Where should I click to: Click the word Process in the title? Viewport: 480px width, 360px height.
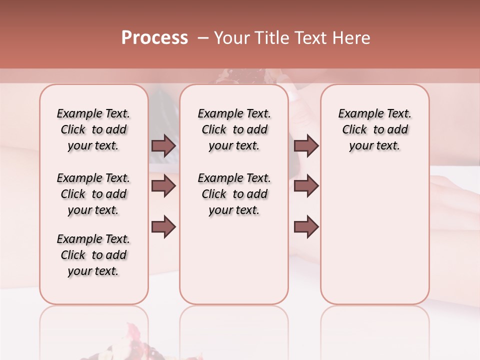coord(154,38)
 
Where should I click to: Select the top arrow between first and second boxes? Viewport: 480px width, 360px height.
coord(163,146)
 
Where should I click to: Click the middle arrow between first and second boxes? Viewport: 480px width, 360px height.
coord(163,186)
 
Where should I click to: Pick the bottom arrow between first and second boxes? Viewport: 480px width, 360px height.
coord(163,226)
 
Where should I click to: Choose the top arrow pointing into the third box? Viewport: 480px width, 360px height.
coord(306,146)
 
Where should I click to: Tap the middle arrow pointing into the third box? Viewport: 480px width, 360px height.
coord(306,186)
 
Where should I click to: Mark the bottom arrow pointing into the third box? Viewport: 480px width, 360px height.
coord(306,226)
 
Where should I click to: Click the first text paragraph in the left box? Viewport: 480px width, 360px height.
coord(93,129)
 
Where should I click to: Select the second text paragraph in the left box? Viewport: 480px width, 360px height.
coord(93,194)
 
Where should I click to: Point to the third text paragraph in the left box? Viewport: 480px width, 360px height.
coord(93,255)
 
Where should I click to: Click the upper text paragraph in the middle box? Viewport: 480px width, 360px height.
coord(234,129)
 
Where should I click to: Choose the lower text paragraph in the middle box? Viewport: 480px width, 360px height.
coord(234,194)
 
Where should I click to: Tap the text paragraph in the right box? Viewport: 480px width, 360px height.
coord(374,129)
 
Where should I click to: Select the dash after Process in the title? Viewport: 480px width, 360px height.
coord(202,38)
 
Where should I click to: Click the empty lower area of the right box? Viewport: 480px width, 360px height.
coord(374,235)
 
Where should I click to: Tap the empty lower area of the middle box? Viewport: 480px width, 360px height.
coord(234,260)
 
